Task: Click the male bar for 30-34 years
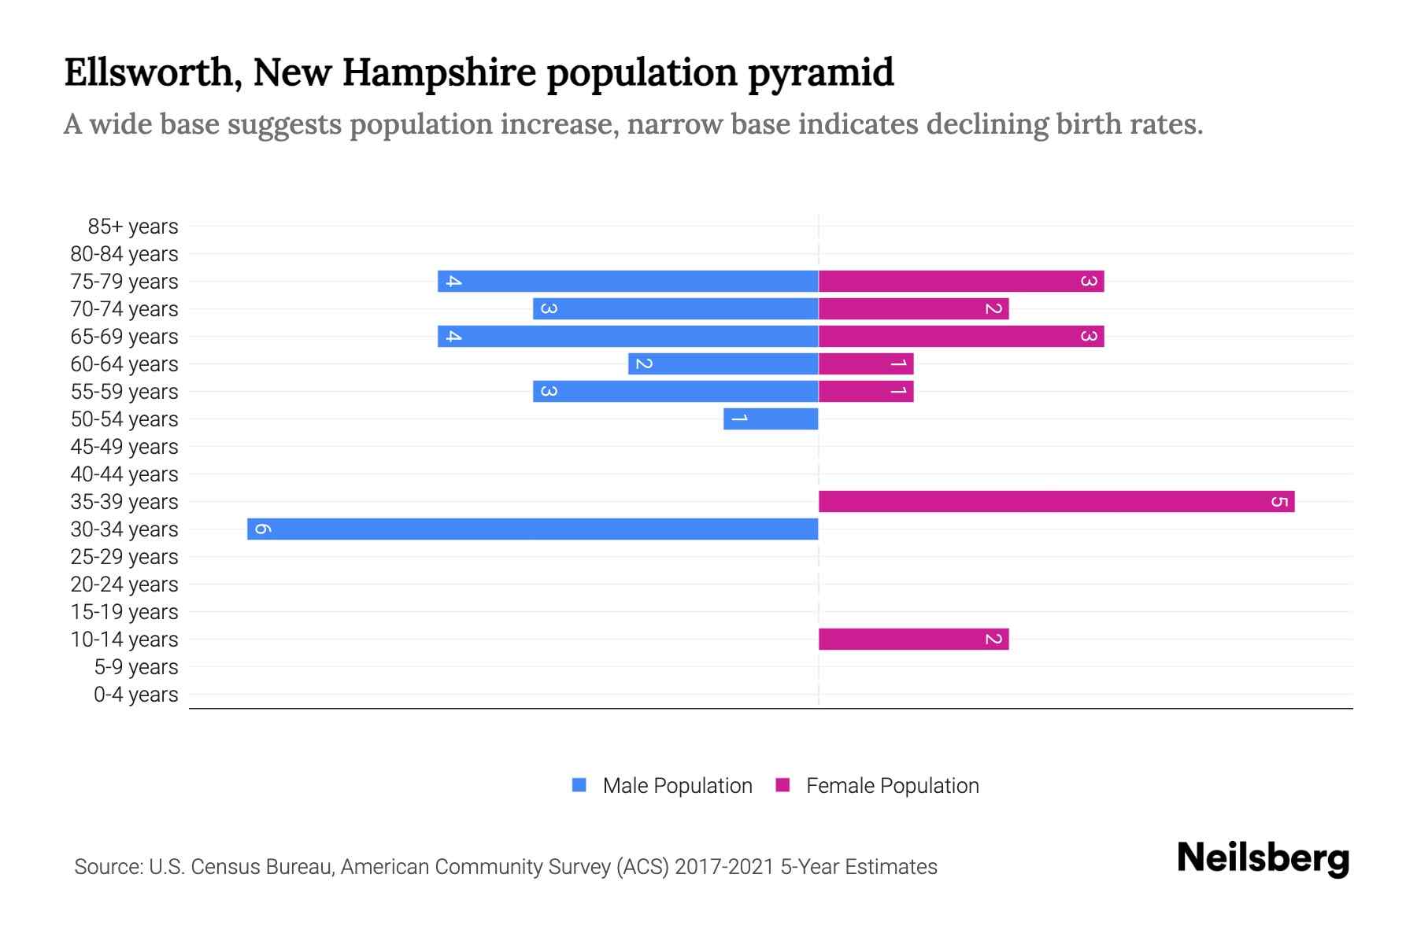(533, 529)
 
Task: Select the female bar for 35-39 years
(1056, 501)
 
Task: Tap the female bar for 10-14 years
(913, 639)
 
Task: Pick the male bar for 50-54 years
(771, 419)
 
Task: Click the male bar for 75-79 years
(628, 281)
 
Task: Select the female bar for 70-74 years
(913, 308)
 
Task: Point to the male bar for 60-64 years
(723, 363)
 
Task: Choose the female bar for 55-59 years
(866, 391)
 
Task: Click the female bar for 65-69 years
(961, 336)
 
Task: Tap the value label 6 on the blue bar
(263, 529)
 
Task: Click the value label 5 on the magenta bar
(1279, 501)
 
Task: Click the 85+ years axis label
(133, 227)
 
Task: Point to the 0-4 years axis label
(135, 695)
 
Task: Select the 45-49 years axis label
(124, 447)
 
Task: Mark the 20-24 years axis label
(124, 584)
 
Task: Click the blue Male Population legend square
(579, 785)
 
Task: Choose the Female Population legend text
(892, 785)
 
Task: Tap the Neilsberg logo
(1263, 858)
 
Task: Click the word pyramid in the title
(820, 73)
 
